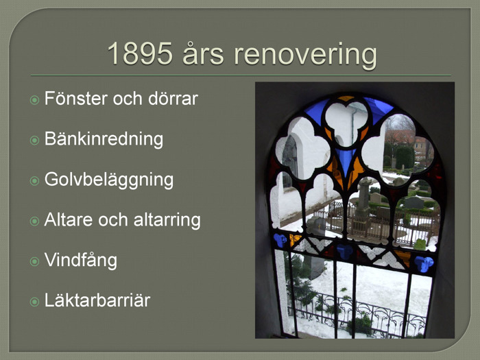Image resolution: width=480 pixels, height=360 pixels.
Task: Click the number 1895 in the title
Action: tap(140, 53)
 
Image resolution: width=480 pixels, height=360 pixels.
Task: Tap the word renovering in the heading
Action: tap(305, 54)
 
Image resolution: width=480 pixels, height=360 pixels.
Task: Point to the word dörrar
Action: tap(173, 98)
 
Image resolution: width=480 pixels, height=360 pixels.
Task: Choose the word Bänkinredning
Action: tap(104, 139)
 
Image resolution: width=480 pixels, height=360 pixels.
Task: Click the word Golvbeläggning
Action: tap(109, 180)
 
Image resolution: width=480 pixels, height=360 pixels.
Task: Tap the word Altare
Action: tap(69, 220)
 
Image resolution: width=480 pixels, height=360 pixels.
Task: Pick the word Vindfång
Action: tap(81, 261)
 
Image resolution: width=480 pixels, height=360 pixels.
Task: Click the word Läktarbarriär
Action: tap(97, 300)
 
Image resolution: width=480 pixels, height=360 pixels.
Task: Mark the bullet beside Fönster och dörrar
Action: tap(34, 100)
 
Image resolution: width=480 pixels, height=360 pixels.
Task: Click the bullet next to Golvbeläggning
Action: tap(34, 180)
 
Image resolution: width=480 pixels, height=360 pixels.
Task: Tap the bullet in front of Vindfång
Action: tap(34, 261)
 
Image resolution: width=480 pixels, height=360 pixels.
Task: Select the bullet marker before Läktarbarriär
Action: tap(34, 302)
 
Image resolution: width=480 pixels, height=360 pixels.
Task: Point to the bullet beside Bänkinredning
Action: tap(34, 140)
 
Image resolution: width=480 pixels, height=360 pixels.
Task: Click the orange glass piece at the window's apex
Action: tap(346, 98)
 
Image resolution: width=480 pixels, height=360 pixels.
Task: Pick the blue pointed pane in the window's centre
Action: tap(346, 160)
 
